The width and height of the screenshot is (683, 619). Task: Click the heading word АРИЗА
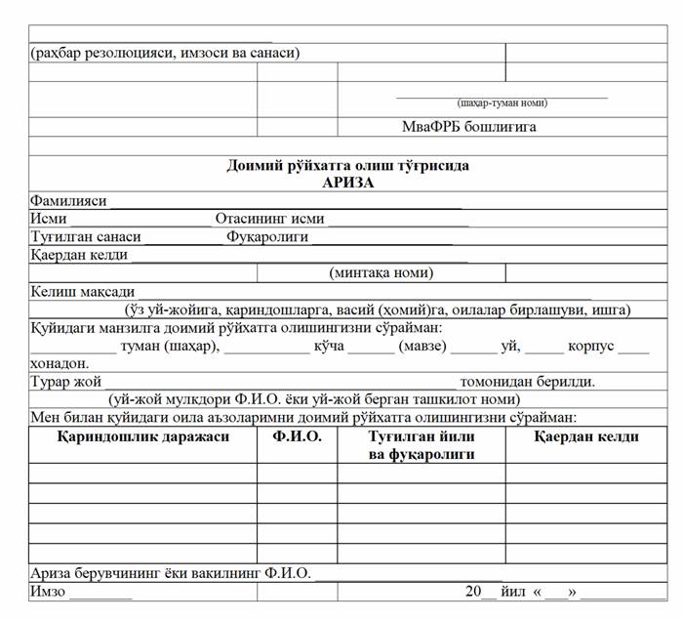coord(347,182)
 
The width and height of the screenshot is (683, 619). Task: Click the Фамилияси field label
coord(68,200)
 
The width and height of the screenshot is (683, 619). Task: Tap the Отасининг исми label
coord(269,219)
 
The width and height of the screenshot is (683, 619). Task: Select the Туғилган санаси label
coord(86,236)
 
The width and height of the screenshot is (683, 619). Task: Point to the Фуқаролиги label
coord(267,236)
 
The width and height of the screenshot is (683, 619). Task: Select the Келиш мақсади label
coord(82,291)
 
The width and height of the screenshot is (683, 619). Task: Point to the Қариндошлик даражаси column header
coord(143,436)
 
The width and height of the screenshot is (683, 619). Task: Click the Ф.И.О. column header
coord(297,436)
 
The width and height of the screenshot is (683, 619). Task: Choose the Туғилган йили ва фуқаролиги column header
coord(421,445)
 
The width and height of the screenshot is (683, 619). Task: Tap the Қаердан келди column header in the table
coord(585,436)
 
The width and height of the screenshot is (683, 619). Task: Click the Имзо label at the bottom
coord(47,592)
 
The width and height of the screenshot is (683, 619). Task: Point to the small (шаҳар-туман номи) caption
coord(502,103)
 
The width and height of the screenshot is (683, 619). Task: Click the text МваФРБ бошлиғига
coord(469,127)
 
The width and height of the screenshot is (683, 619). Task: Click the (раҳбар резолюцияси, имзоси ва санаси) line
coord(165,53)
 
